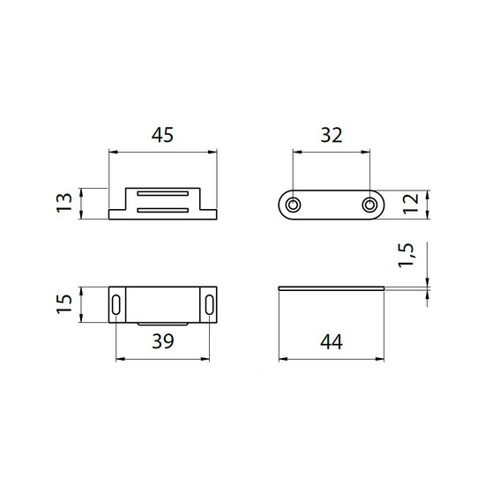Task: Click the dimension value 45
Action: [x=162, y=135]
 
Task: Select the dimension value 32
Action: [x=332, y=135]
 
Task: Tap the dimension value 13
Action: [x=64, y=203]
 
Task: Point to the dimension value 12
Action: [x=411, y=204]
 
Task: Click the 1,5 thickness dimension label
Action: [x=406, y=255]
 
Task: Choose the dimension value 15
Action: [x=64, y=304]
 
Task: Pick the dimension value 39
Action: [x=163, y=341]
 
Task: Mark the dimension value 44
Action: [x=332, y=342]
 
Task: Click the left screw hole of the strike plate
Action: [x=293, y=205]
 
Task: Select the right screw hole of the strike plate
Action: [x=369, y=205]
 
